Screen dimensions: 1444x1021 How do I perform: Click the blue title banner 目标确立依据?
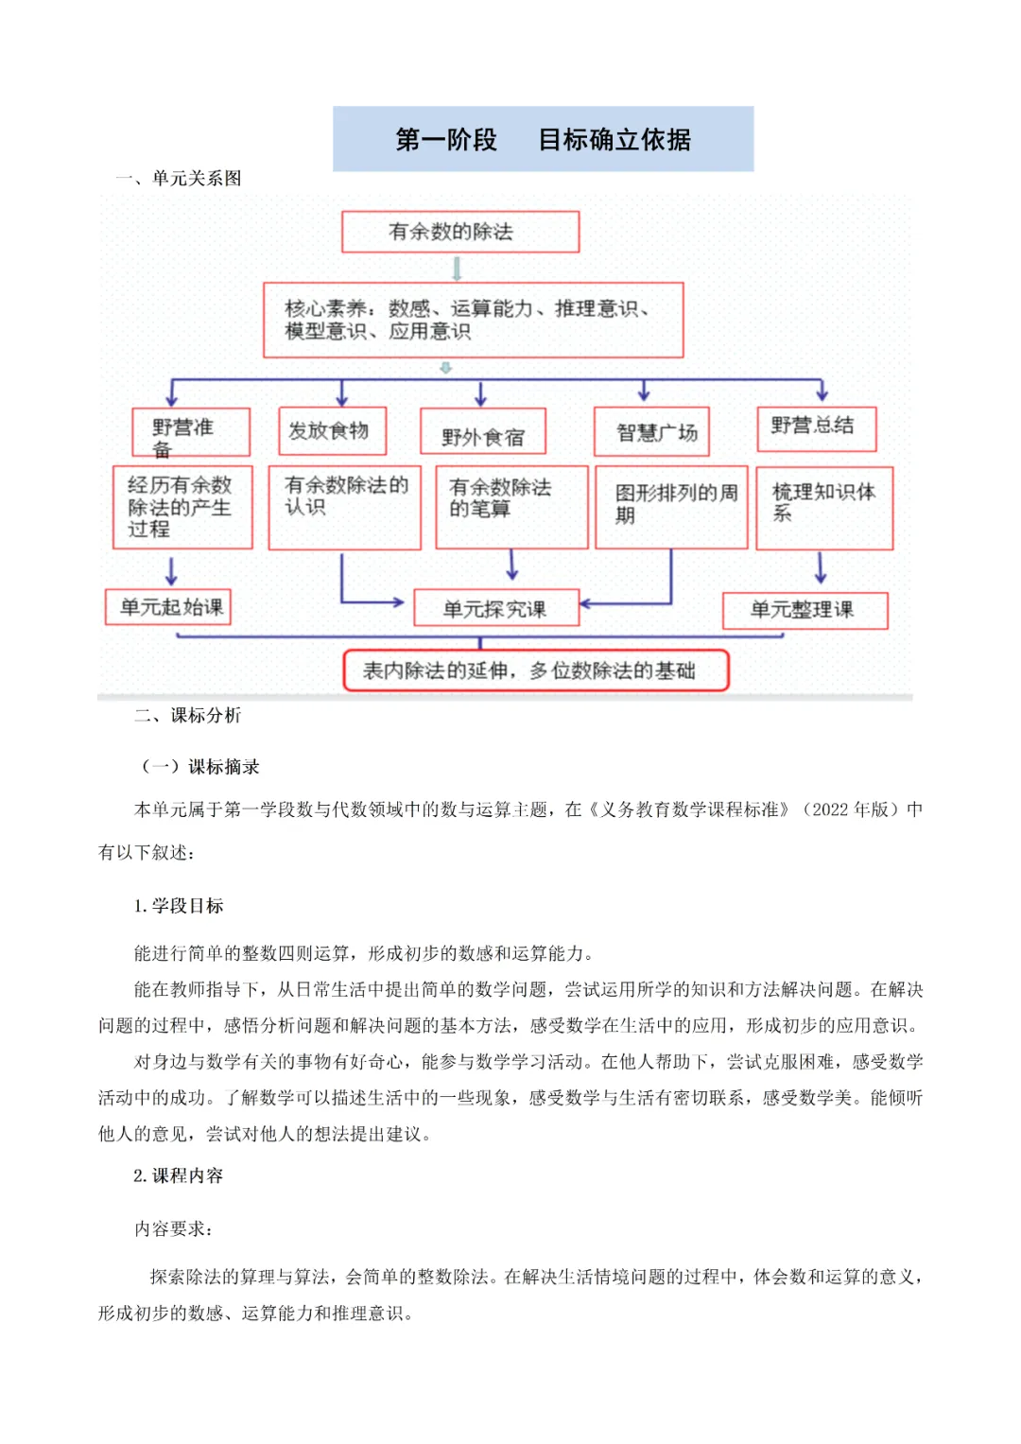543,139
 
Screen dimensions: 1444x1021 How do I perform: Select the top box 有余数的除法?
459,232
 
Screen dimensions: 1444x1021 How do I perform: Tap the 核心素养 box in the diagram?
473,320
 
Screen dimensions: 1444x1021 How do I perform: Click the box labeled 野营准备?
190,433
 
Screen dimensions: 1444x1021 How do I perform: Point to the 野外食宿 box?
483,433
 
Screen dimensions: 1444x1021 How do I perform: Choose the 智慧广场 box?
651,432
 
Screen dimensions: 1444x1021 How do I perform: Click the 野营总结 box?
816,428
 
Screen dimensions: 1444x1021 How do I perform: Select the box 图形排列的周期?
671,506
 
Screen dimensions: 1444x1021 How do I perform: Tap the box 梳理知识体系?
824,506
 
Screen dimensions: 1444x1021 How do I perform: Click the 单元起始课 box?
168,607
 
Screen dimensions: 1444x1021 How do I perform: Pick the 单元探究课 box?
496,609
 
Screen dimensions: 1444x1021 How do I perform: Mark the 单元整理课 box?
805,610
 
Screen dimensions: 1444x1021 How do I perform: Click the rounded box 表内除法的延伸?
535,670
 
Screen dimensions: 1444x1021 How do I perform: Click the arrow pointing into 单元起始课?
171,570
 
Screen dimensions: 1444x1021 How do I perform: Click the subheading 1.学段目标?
179,906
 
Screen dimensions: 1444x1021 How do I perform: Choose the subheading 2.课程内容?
179,1175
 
